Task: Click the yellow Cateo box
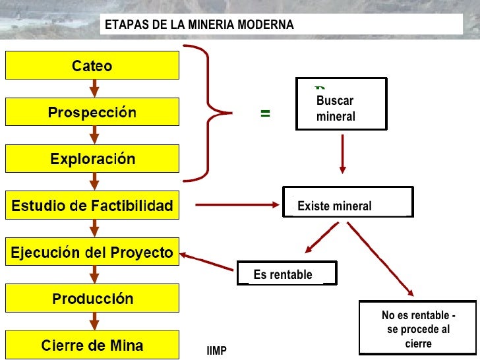92,65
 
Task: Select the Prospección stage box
92,112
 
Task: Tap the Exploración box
92,159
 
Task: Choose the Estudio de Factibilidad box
92,206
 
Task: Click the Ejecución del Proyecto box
92,253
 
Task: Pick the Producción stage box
92,299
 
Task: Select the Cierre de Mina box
92,345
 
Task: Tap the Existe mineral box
347,202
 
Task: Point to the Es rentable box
286,274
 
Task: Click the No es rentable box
418,328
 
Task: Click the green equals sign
265,113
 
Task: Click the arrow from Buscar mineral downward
342,154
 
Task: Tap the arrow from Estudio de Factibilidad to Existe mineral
237,205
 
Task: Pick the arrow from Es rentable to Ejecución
207,261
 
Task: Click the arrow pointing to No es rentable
381,258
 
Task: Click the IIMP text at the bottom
216,351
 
